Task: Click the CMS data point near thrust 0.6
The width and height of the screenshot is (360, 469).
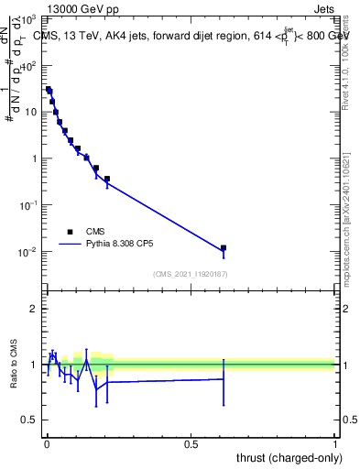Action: (224, 247)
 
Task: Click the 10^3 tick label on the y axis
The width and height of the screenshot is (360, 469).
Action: (29, 19)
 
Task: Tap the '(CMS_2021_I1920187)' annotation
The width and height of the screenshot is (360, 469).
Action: (190, 273)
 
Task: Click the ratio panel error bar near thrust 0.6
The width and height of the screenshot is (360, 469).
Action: (224, 378)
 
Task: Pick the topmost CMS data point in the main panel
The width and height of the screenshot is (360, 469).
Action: (49, 90)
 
